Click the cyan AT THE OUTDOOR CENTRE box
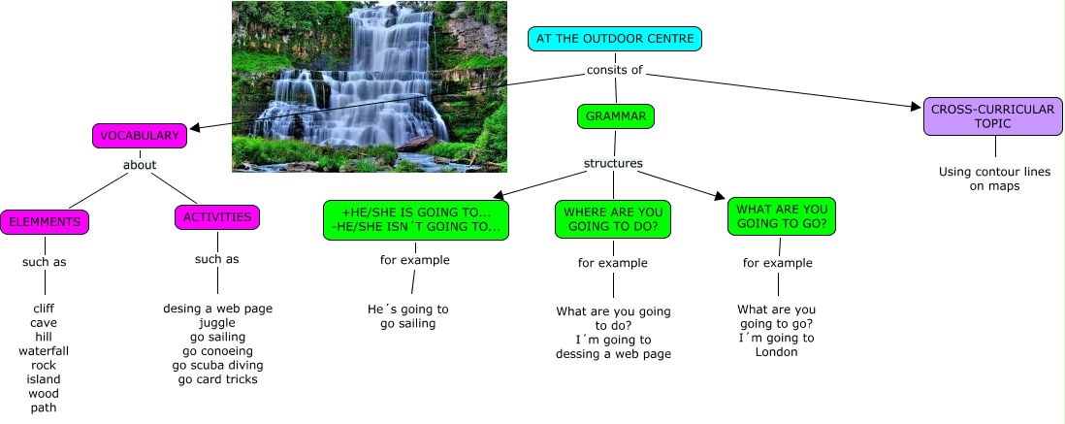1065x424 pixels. (x=614, y=39)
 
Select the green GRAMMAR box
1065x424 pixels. (x=616, y=116)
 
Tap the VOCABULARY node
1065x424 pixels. (x=140, y=136)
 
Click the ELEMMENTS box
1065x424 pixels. (x=44, y=222)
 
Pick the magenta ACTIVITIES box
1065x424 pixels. (x=217, y=217)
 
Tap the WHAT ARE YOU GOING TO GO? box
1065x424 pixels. (x=781, y=216)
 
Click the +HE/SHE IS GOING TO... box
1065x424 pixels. (x=416, y=220)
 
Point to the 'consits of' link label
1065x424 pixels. (x=614, y=70)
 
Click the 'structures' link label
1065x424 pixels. (x=613, y=163)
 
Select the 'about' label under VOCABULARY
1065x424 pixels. (x=140, y=165)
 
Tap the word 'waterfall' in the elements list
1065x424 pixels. (x=44, y=350)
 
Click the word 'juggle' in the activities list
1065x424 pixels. (x=217, y=322)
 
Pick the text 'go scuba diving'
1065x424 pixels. (x=217, y=365)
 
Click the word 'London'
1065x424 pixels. (x=776, y=352)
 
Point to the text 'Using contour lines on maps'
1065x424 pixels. (x=994, y=179)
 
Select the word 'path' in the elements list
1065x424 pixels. (x=44, y=408)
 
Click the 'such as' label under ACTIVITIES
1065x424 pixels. (x=216, y=259)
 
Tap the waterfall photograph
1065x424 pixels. (x=369, y=86)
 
